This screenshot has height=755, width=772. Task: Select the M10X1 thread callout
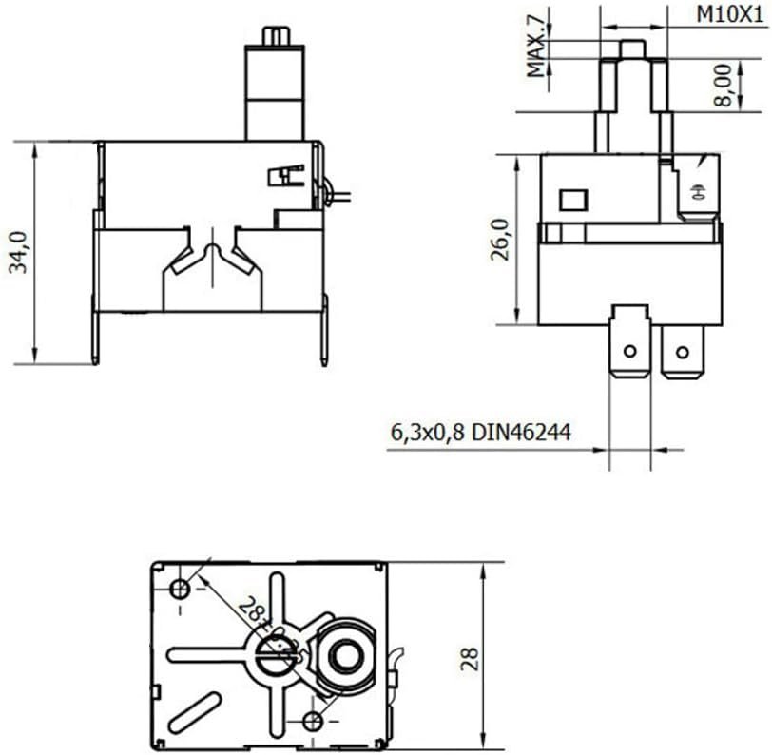(x=729, y=15)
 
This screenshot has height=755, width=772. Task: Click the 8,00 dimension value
(x=723, y=86)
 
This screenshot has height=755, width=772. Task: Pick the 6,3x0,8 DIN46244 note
(x=481, y=433)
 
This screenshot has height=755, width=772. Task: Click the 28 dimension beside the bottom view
(x=470, y=659)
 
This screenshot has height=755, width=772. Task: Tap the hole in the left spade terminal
(x=629, y=352)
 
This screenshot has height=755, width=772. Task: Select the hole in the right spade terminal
(x=682, y=352)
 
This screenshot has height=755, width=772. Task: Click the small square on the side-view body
(x=573, y=201)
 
